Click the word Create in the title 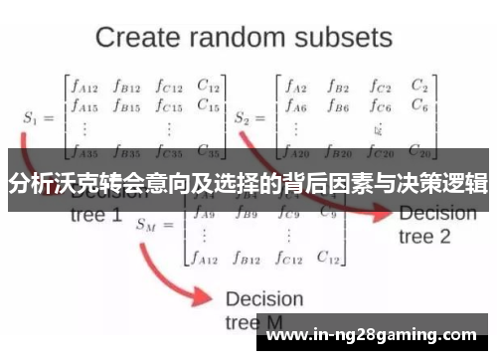click(138, 39)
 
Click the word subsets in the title click(344, 39)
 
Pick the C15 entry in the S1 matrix click(209, 103)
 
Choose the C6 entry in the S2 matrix click(418, 103)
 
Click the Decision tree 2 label click(437, 226)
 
